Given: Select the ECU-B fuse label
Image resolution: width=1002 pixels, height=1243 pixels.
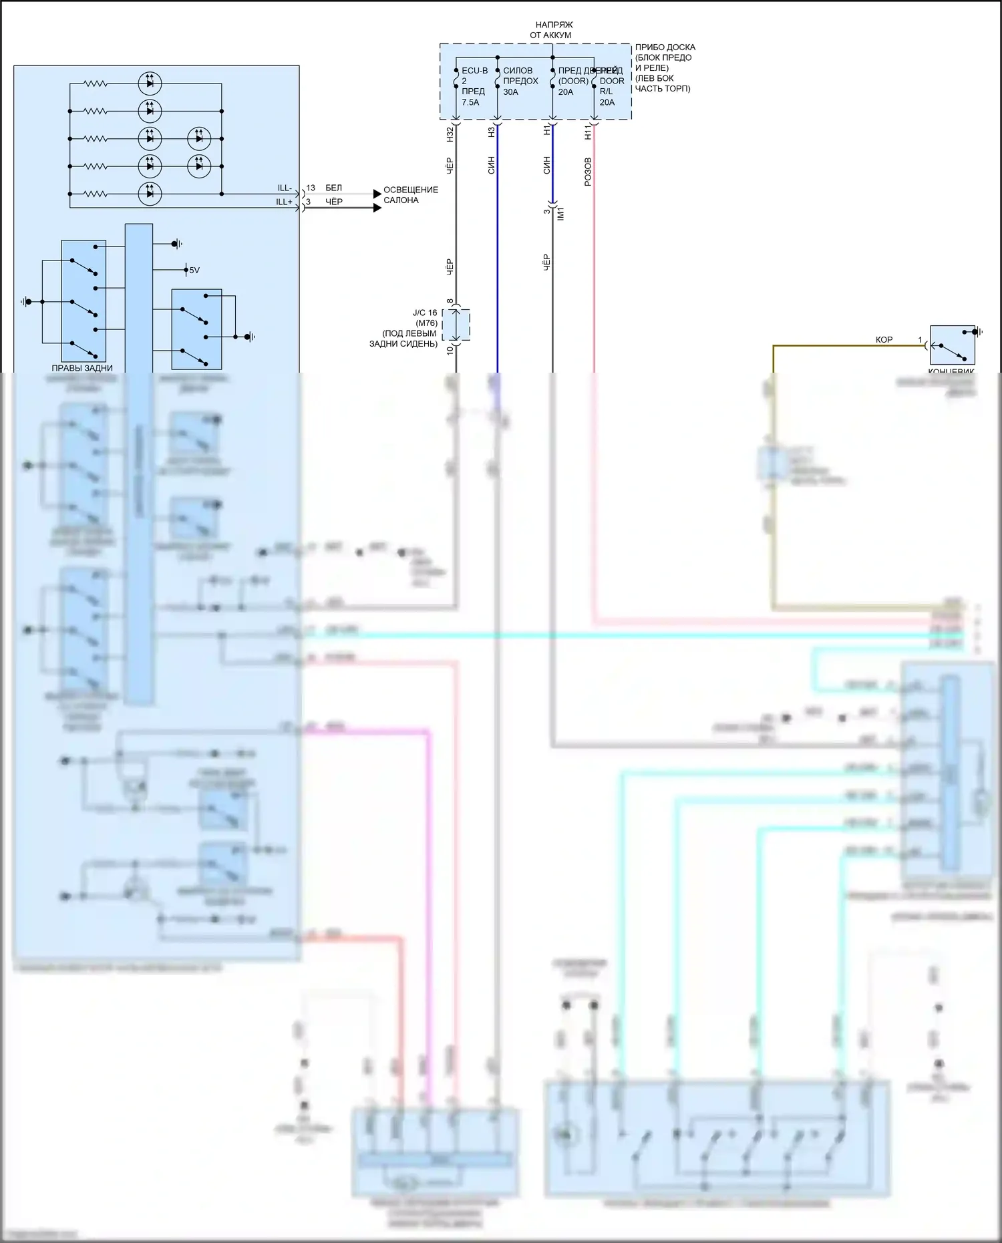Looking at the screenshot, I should pyautogui.click(x=474, y=71).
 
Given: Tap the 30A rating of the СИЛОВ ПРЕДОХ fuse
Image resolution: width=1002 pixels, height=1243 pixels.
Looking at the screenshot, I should pyautogui.click(x=510, y=92).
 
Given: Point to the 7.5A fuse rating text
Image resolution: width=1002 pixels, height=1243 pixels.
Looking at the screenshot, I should pyautogui.click(x=470, y=102).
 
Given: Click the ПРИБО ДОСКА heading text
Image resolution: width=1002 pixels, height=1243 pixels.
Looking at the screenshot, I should pyautogui.click(x=665, y=47).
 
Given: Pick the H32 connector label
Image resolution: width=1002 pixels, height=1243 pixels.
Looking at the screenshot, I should pyautogui.click(x=450, y=134).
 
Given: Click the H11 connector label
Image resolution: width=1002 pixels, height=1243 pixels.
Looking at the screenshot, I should pyautogui.click(x=589, y=132).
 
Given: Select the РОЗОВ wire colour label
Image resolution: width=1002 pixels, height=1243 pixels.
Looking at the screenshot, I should pyautogui.click(x=588, y=172).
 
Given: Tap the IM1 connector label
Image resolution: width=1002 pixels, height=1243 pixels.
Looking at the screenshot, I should pyautogui.click(x=561, y=214).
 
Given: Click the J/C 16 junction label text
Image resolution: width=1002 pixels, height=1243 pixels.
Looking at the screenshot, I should pyautogui.click(x=424, y=313).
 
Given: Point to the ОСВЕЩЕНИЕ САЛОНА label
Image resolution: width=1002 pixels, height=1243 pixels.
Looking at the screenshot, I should pyautogui.click(x=410, y=195).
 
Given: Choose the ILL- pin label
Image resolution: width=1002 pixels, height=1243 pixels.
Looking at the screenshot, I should pyautogui.click(x=285, y=188).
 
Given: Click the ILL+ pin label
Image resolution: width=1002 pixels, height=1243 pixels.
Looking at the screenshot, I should pyautogui.click(x=284, y=202).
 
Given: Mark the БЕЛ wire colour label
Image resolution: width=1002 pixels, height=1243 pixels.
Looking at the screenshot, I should pyautogui.click(x=333, y=188).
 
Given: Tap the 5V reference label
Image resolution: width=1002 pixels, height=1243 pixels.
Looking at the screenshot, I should pyautogui.click(x=194, y=271).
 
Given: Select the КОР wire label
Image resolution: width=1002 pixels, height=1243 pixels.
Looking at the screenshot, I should pyautogui.click(x=884, y=340).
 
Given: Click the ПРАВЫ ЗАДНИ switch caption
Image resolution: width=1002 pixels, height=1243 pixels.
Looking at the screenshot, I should pyautogui.click(x=82, y=368).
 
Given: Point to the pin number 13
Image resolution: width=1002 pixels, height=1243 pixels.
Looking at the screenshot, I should pyautogui.click(x=311, y=188).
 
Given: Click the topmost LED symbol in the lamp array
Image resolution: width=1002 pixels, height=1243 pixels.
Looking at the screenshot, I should pyautogui.click(x=150, y=83).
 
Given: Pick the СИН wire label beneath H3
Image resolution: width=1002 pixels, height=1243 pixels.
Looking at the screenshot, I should pyautogui.click(x=492, y=166).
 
